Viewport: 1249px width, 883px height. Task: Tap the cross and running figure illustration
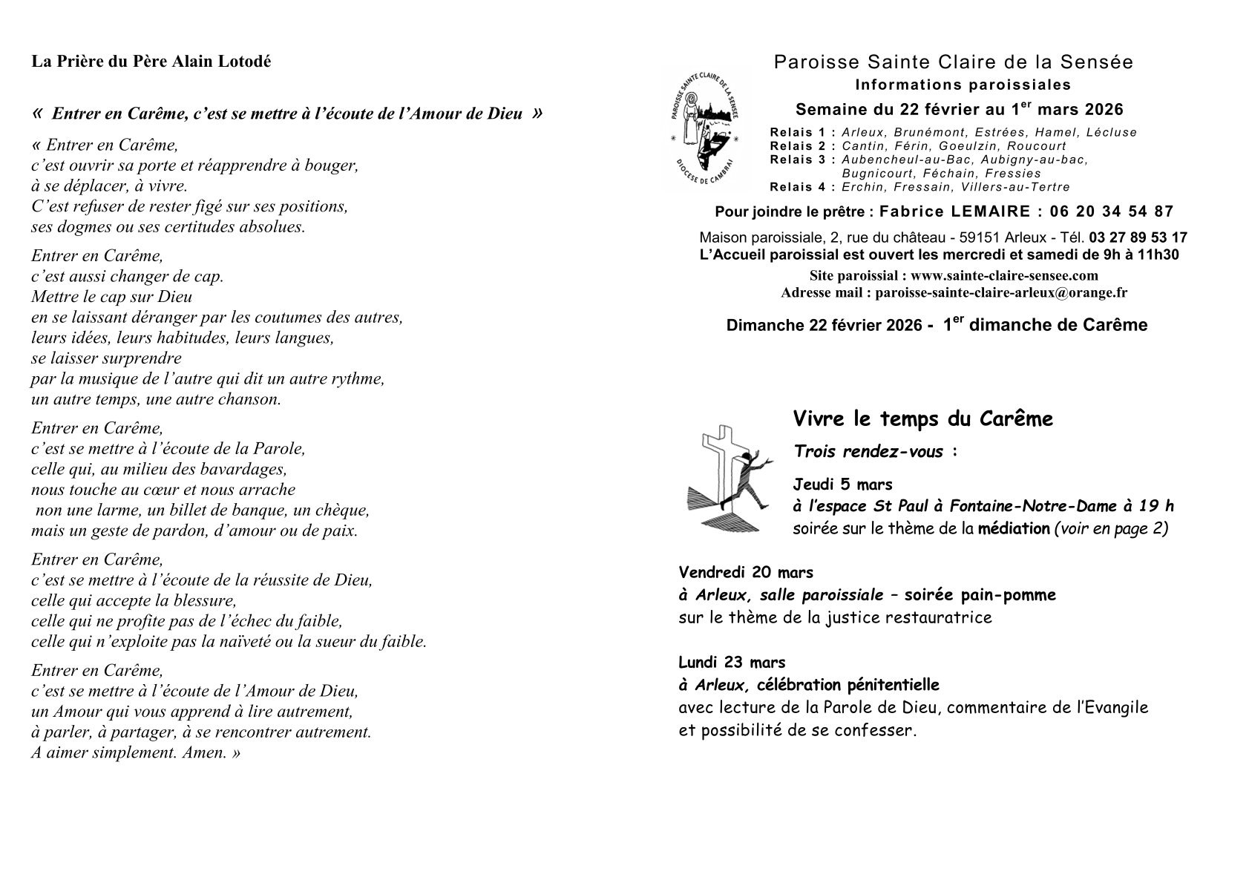pos(728,479)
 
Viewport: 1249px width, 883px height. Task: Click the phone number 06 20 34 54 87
pos(1112,211)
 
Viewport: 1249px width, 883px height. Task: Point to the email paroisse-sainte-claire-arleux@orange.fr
pos(1001,292)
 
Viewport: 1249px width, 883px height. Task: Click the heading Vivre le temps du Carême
pos(922,419)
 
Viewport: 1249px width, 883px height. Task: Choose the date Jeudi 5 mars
pos(842,485)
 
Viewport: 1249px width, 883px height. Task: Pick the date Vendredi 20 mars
pos(745,573)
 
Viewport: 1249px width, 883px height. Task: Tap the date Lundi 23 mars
pos(732,662)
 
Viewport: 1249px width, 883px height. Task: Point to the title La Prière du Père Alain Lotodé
pos(151,62)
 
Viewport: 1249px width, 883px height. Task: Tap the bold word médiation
pos(1013,529)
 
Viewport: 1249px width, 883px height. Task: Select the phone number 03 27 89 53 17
pos(1138,238)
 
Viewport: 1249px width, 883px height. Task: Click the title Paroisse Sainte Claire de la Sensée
pos(953,62)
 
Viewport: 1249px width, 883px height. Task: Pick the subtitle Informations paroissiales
pos(963,85)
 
